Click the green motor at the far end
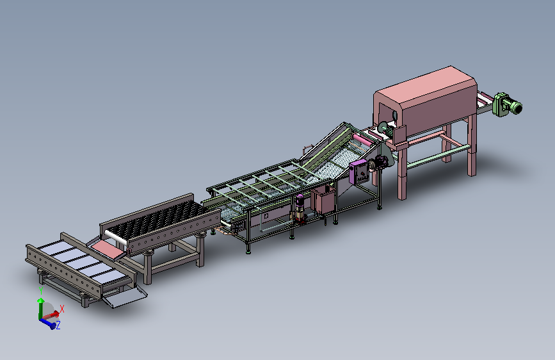coord(507,104)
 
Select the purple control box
coord(359,172)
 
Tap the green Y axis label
coord(41,291)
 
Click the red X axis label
coord(62,309)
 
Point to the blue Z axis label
coord(58,325)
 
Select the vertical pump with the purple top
coord(300,208)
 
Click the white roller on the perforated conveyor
coord(116,236)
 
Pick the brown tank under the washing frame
coord(323,200)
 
